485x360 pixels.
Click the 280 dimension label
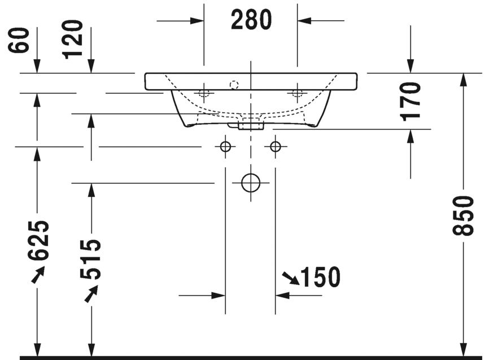click(x=251, y=20)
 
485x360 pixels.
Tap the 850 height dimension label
click(x=463, y=216)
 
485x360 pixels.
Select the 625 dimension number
click(x=38, y=240)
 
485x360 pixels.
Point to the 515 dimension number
click(x=90, y=259)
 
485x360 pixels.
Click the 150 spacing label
click(x=321, y=277)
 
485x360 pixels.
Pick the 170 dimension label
click(x=410, y=102)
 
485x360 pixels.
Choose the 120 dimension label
click(x=72, y=39)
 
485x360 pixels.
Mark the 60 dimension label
click(x=19, y=40)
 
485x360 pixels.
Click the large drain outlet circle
click(x=251, y=183)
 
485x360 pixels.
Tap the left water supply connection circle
click(x=225, y=147)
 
